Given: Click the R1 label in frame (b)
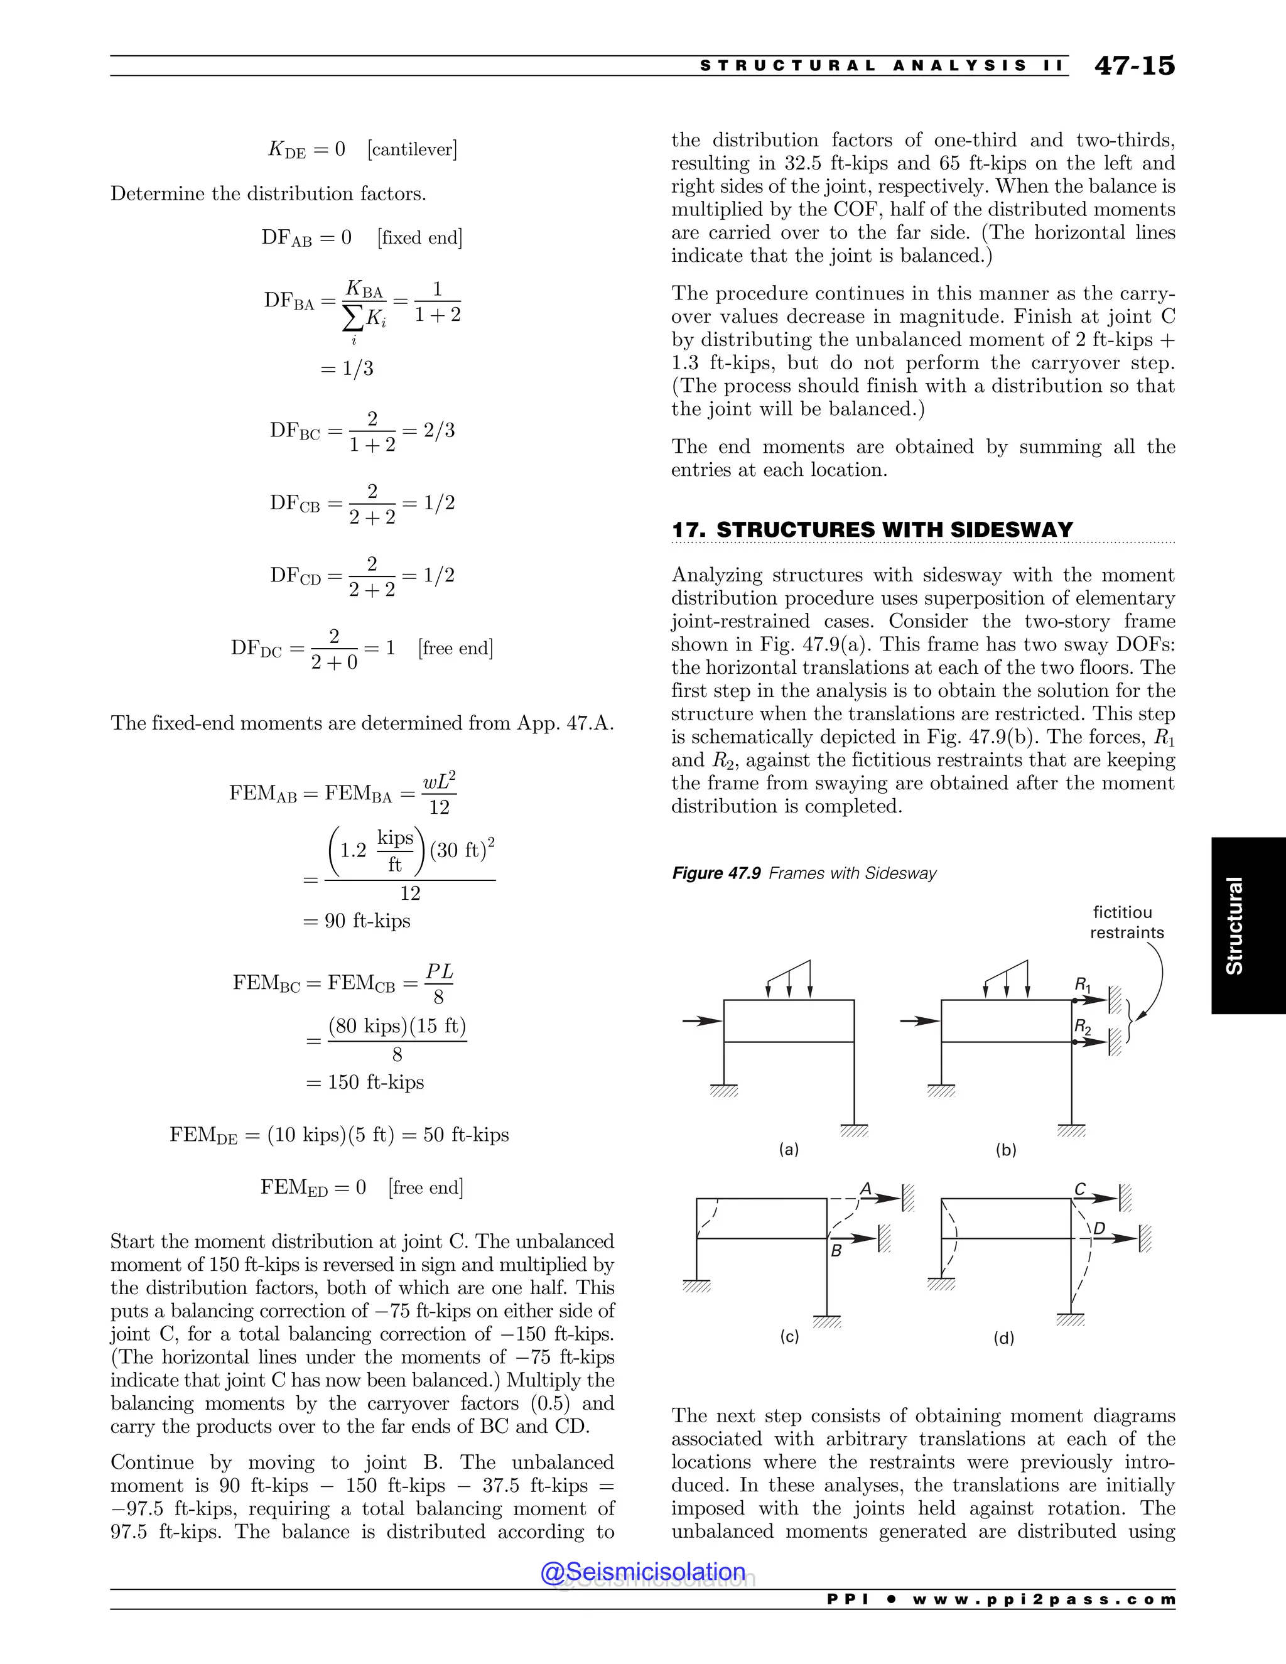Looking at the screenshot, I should [1083, 985].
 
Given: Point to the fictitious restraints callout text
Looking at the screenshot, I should [1126, 922].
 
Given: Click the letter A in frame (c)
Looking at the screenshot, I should [865, 1189].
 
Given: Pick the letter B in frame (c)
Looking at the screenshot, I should [836, 1250].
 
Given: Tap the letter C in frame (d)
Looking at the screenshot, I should [1079, 1189].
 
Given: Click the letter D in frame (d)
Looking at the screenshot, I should [1100, 1228].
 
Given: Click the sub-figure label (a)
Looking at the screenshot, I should [789, 1149].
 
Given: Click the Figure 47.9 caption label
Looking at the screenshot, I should [716, 873].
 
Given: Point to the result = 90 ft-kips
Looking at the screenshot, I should [357, 921].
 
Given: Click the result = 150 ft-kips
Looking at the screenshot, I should [365, 1082].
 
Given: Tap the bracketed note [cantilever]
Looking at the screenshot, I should [412, 149].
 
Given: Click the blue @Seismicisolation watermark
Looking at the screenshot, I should [643, 1572].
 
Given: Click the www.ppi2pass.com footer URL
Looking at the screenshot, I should [1044, 1599].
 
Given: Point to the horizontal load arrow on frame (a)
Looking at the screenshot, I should [701, 1020].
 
